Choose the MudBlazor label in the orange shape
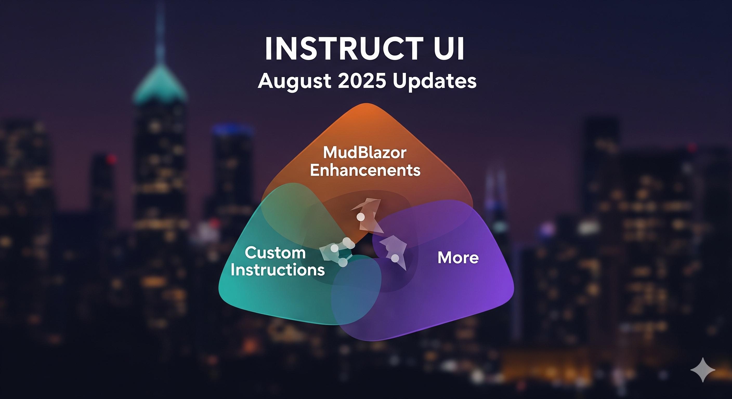[365, 153]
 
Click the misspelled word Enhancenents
[365, 170]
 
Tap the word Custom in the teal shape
[275, 252]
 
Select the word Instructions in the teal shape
[278, 270]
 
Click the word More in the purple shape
[458, 258]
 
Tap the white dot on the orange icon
[361, 217]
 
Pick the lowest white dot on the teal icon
[343, 262]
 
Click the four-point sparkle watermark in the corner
[703, 370]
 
